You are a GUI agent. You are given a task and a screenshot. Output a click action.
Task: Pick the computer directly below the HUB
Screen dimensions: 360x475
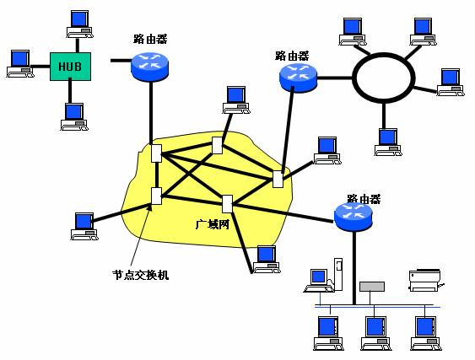point(73,116)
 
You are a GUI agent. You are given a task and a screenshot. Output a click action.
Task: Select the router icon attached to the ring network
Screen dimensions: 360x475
point(297,78)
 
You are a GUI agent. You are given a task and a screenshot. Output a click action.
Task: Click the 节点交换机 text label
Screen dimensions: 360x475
point(140,274)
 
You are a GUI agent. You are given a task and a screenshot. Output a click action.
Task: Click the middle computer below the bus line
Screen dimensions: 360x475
point(373,330)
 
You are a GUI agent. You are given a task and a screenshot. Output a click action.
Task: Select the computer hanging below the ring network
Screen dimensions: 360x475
point(386,141)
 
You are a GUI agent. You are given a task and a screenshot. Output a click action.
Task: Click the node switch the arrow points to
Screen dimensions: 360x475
point(155,196)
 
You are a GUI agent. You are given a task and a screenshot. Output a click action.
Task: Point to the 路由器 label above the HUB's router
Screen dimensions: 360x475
point(150,39)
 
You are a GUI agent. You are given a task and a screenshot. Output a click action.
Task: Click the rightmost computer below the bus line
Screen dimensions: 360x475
point(424,330)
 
